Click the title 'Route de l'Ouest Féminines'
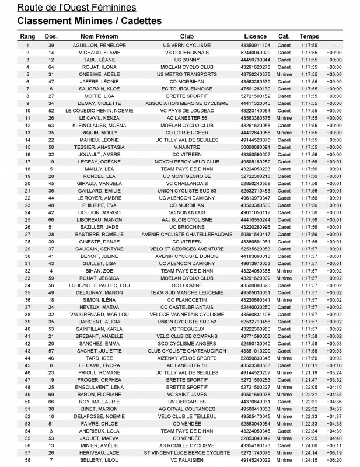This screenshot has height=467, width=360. pos(85,8)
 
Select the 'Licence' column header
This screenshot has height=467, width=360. pos(255,36)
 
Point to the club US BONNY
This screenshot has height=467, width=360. pos(187,60)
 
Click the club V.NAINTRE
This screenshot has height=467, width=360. pos(187,147)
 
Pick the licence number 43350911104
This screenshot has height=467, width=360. pos(255,45)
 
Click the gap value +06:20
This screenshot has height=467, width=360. pos(334,460)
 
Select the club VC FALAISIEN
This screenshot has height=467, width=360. pos(187,460)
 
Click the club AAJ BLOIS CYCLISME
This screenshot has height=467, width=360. pos(187,219)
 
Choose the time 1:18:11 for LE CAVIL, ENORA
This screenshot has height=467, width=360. pos(309,365)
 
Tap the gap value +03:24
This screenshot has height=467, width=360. pos(334,372)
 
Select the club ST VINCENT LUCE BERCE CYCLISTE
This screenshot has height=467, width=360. pos(187,452)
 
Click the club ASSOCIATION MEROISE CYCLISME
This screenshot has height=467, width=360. pos(187,103)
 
